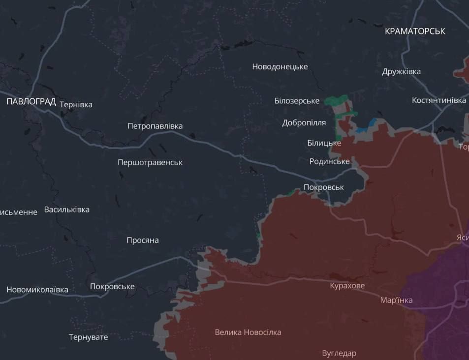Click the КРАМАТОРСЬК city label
coord(415,31)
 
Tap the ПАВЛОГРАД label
coord(31,102)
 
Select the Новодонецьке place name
coord(280,66)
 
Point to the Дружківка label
coord(401,71)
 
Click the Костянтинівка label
coord(438,100)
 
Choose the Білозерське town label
coord(297,101)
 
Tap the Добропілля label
coord(304,123)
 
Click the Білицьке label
coord(324,143)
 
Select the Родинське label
coord(329,161)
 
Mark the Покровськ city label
coord(323,187)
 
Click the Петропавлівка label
coord(155,126)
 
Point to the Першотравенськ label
coord(150,162)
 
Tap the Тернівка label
coord(76,104)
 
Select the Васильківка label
coord(67,210)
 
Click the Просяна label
coord(142,240)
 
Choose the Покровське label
coord(112,287)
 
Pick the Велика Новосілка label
coord(248,332)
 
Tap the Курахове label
coord(347,286)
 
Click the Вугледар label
coord(339,353)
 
